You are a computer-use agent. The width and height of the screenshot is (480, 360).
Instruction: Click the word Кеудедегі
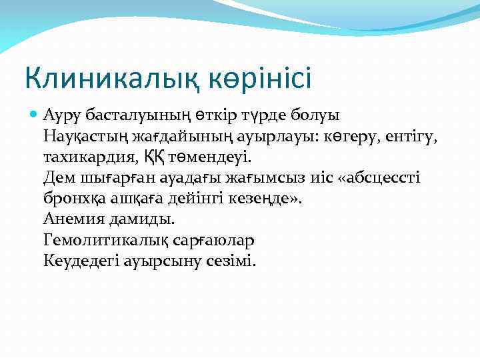[79, 260]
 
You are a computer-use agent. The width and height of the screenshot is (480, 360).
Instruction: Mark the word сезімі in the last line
[230, 260]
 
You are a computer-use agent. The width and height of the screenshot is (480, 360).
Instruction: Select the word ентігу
[421, 138]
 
